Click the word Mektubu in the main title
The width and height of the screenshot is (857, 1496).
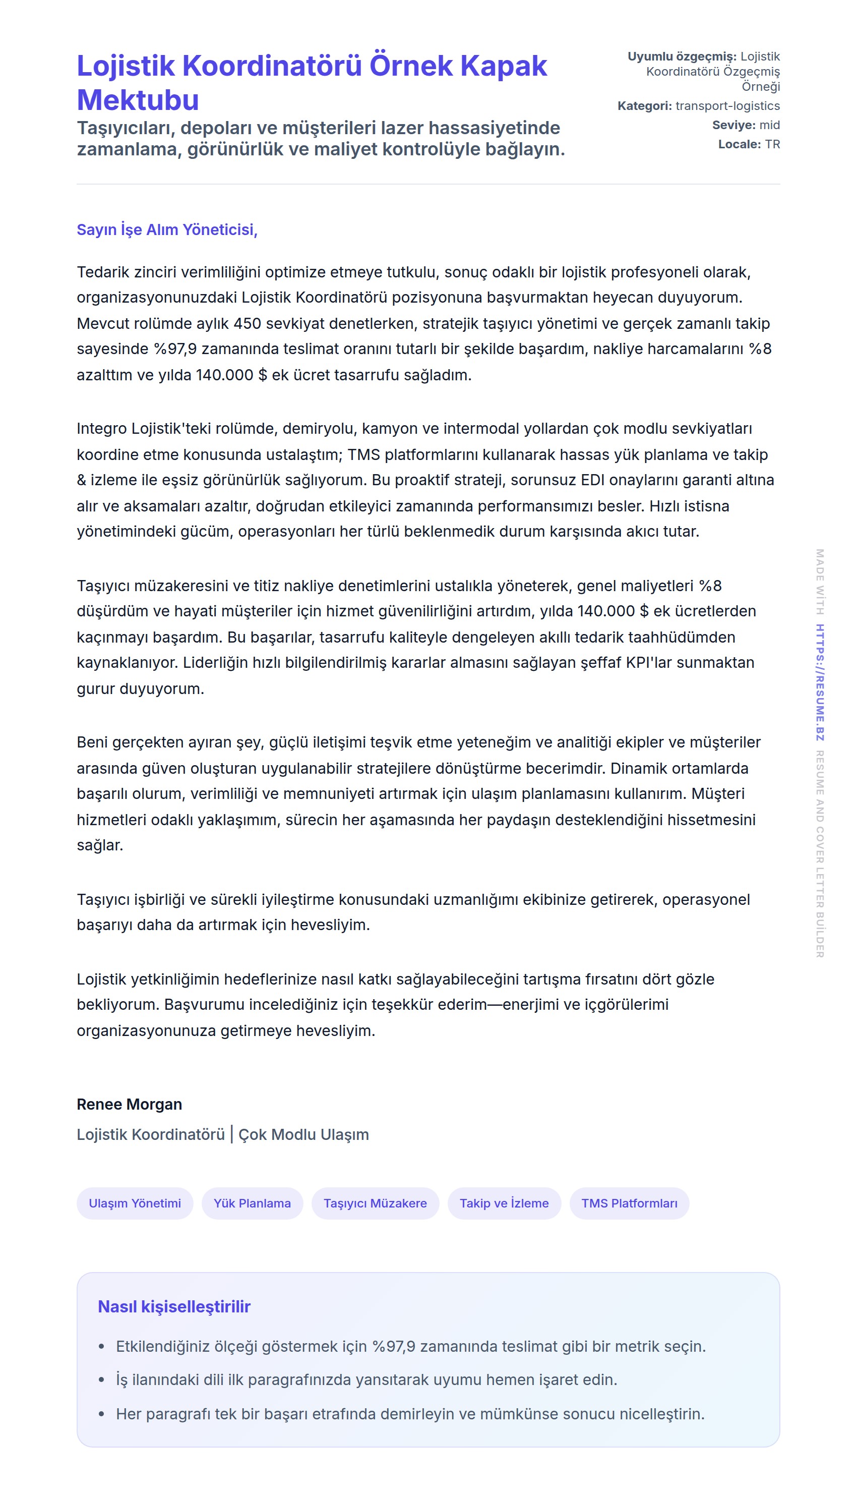[x=138, y=100]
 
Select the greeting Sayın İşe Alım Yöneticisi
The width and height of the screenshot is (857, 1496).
[x=166, y=229]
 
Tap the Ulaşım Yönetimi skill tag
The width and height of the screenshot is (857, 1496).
[x=135, y=1203]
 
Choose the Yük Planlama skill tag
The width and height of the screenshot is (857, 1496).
[x=252, y=1203]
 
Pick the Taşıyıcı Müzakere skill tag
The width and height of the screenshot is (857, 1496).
[x=375, y=1203]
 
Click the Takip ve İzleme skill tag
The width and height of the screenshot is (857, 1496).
[x=504, y=1203]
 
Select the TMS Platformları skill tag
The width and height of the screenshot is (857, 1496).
[x=629, y=1203]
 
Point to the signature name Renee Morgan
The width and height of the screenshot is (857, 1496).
[x=129, y=1104]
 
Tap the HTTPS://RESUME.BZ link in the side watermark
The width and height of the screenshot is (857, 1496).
[x=819, y=682]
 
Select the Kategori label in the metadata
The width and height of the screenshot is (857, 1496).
[x=644, y=106]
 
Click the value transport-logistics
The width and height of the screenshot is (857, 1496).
[x=727, y=106]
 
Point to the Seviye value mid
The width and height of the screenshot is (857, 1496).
[x=769, y=125]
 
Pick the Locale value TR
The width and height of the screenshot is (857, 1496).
[x=772, y=144]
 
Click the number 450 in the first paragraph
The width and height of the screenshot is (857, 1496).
[x=247, y=323]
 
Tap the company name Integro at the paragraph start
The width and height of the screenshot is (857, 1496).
[x=101, y=428]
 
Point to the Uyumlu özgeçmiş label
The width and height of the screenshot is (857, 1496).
[x=682, y=56]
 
